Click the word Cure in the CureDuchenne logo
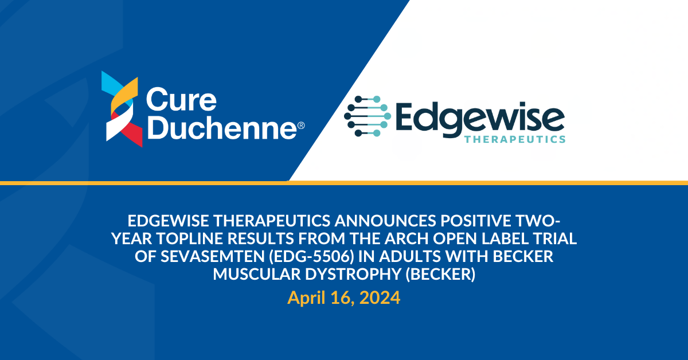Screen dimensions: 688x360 coord(182,100)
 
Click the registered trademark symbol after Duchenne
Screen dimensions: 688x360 coord(302,126)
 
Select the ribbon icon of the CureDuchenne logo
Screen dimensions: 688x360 coord(122,109)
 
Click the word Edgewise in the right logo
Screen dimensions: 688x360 coord(480,120)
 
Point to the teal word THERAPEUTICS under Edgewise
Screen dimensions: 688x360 coord(515,139)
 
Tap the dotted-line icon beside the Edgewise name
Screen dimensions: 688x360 coord(368,116)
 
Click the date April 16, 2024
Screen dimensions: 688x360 coord(343,298)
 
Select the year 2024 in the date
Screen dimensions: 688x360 coord(380,298)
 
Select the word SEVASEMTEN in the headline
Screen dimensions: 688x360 coord(212,256)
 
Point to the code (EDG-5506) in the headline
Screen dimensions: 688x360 coord(311,256)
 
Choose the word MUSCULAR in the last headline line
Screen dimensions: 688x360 coord(257,274)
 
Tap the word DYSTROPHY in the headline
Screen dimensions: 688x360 coord(353,274)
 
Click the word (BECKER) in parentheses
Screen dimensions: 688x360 coord(440,275)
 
